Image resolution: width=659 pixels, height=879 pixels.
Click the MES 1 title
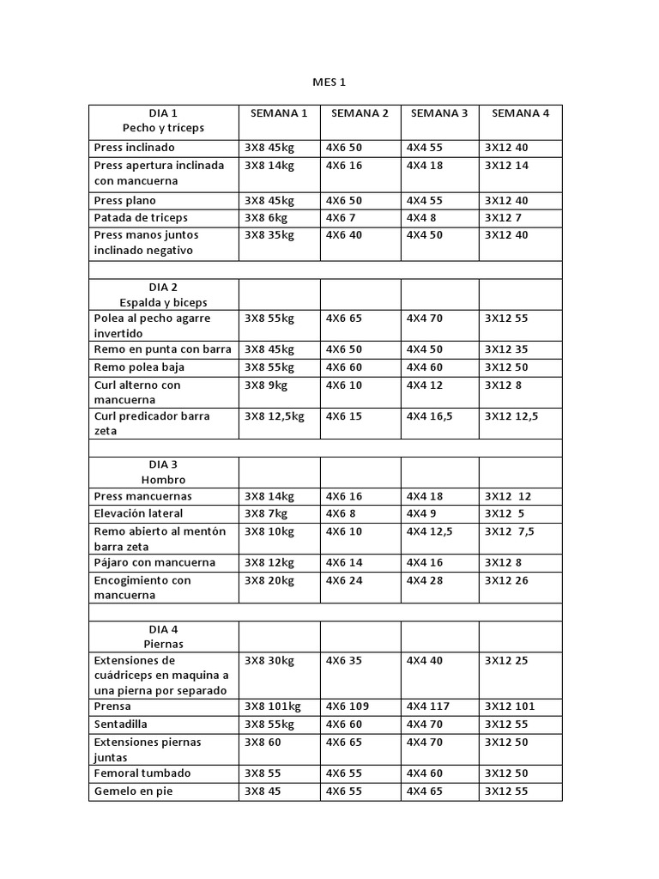329,82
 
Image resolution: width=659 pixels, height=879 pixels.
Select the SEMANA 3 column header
439,113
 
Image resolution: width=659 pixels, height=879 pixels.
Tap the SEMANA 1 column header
279,113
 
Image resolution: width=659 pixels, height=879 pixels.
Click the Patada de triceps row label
141,218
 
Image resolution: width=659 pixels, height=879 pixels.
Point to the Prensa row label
113,706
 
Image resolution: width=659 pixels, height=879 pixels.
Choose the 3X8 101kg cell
273,706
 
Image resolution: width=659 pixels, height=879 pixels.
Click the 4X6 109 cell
348,706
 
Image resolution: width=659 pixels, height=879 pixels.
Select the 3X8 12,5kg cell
275,416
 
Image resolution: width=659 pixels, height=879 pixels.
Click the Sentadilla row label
121,724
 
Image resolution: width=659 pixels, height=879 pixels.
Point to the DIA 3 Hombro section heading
163,472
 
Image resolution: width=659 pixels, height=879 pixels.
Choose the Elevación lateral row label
138,513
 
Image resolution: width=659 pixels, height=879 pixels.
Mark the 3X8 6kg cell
266,218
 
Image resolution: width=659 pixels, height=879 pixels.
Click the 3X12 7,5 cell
510,531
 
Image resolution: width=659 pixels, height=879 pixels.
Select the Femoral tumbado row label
142,773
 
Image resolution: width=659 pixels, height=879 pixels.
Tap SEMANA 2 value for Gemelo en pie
344,791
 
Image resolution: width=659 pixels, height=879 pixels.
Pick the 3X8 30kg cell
269,661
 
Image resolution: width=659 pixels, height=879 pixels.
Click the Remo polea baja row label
139,367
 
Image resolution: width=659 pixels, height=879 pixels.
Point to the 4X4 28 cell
425,580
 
